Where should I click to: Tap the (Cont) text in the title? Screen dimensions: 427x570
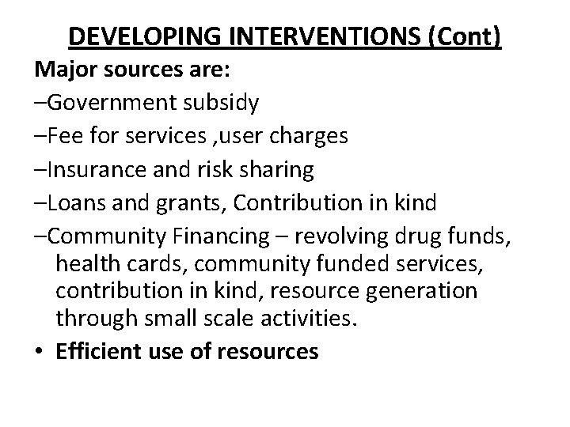click(468, 37)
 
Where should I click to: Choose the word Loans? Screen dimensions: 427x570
click(74, 202)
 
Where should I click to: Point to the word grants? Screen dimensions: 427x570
click(188, 202)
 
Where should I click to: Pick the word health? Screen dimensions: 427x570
click(84, 263)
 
